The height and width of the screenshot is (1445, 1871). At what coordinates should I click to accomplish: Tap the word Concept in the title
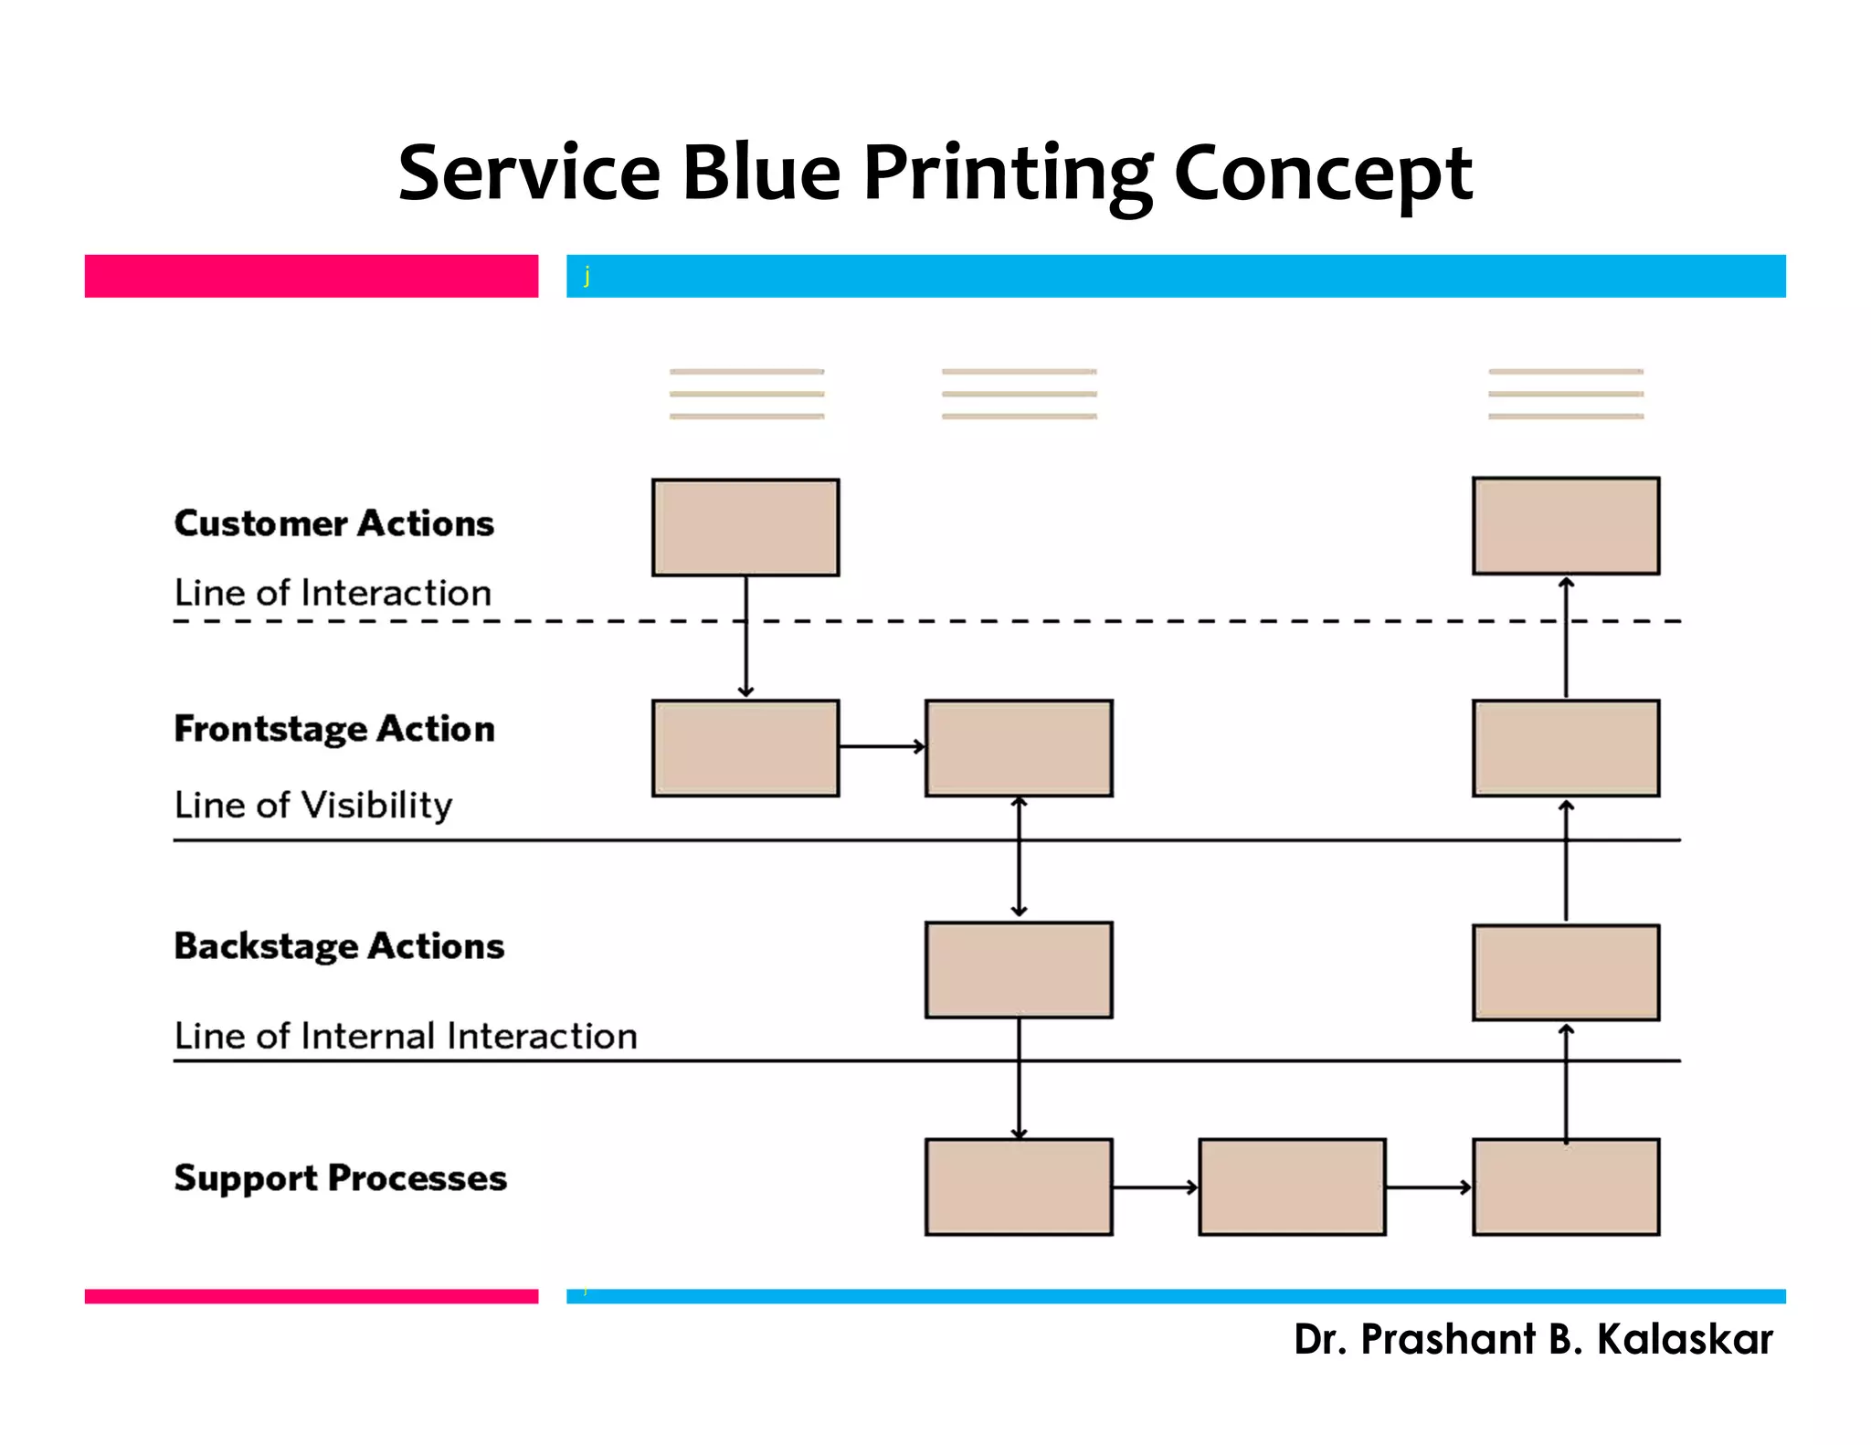pyautogui.click(x=1322, y=174)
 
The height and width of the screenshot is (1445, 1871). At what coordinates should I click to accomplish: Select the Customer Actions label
pyautogui.click(x=333, y=523)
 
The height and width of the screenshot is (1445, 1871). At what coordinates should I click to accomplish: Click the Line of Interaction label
pyautogui.click(x=333, y=593)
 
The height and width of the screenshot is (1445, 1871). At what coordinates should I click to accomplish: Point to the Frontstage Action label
pyautogui.click(x=334, y=729)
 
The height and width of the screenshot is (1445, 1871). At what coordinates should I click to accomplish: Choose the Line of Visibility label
pyautogui.click(x=313, y=805)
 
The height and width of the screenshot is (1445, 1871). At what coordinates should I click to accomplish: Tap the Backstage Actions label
pyautogui.click(x=339, y=946)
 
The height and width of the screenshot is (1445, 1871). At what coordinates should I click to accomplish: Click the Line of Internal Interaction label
pyautogui.click(x=406, y=1036)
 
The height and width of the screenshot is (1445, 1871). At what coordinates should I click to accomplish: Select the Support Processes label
pyautogui.click(x=340, y=1178)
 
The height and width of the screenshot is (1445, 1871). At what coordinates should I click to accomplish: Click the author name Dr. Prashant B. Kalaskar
pyautogui.click(x=1533, y=1339)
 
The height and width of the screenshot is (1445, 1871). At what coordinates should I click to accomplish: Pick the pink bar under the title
pyautogui.click(x=311, y=276)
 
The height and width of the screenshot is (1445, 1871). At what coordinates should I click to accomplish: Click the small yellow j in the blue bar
pyautogui.click(x=587, y=275)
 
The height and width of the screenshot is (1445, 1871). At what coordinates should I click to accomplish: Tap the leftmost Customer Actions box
pyautogui.click(x=745, y=527)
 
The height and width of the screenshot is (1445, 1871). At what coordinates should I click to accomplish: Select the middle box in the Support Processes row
pyautogui.click(x=1292, y=1187)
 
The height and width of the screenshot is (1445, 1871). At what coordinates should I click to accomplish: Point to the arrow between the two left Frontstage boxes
pyautogui.click(x=881, y=747)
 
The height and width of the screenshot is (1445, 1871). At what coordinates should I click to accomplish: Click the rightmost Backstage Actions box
pyautogui.click(x=1566, y=972)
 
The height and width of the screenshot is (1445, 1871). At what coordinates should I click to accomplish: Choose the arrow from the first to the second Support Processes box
pyautogui.click(x=1155, y=1187)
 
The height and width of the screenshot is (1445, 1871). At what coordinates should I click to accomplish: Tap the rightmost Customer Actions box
pyautogui.click(x=1566, y=526)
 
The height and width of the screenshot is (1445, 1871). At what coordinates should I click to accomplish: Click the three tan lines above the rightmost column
pyautogui.click(x=1566, y=394)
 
